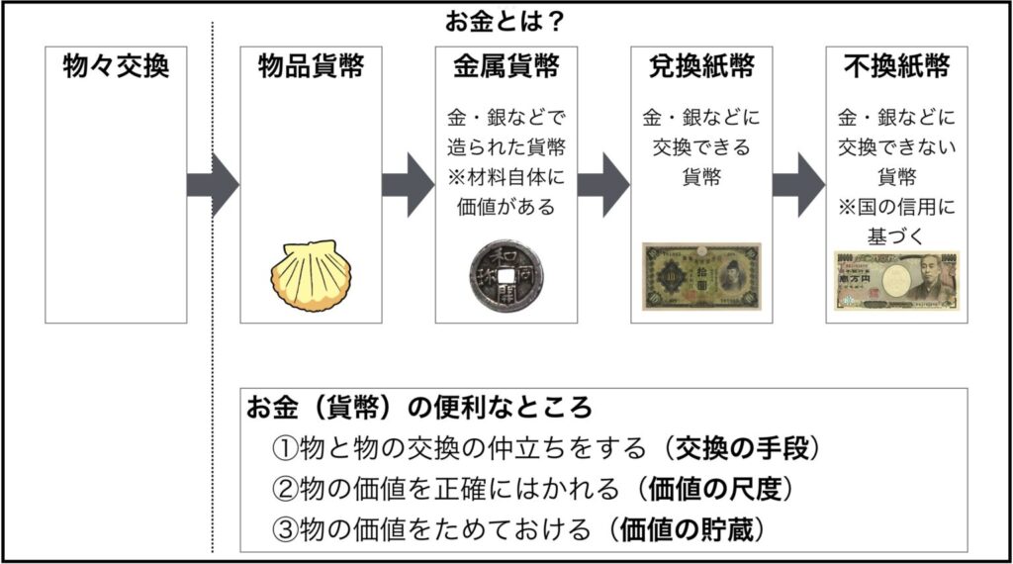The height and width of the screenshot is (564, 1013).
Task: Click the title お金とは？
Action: [506, 21]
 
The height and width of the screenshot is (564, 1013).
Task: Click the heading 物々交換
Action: [116, 66]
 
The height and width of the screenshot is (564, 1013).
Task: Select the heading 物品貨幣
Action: [312, 66]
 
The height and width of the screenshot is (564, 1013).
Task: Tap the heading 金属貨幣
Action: [506, 66]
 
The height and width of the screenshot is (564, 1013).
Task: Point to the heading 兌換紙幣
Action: [701, 66]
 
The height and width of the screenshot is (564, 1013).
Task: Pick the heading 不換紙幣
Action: [897, 66]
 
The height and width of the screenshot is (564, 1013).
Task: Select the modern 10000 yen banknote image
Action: [897, 278]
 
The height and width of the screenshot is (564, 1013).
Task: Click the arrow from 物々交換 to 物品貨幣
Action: [213, 185]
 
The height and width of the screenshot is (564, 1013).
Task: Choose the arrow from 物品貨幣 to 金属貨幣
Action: [408, 185]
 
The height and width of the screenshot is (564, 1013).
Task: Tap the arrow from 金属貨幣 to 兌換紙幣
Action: [603, 185]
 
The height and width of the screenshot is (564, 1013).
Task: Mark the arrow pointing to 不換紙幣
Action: [798, 185]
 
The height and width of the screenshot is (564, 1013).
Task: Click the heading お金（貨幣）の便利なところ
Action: [419, 407]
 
